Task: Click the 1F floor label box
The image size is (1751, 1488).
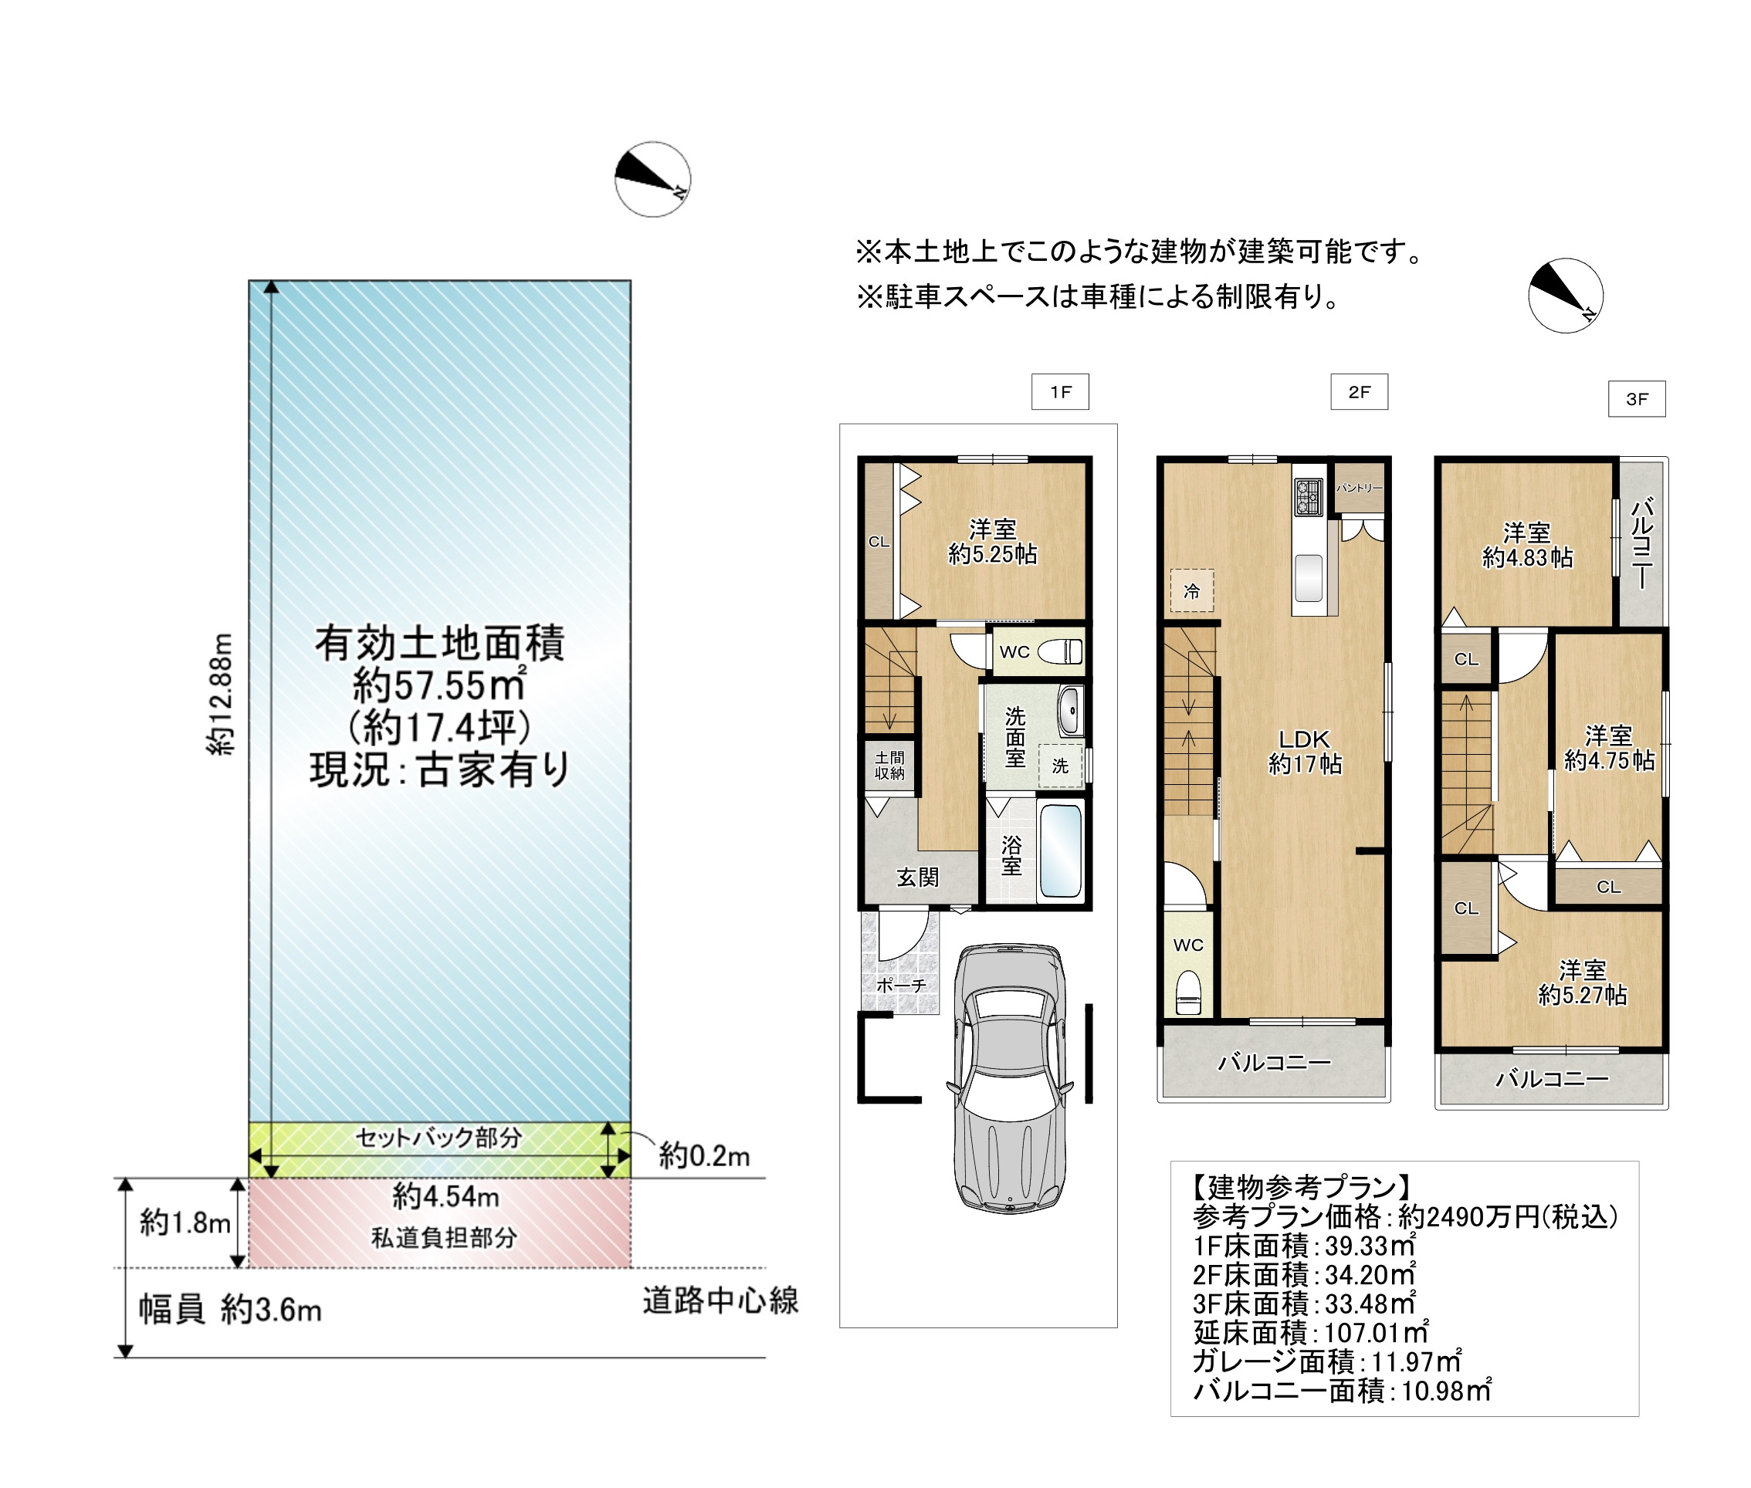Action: click(x=1060, y=391)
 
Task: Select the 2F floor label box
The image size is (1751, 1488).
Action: click(x=1359, y=391)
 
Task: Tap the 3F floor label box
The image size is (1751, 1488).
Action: click(x=1636, y=399)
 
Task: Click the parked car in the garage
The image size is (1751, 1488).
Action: click(x=1009, y=1078)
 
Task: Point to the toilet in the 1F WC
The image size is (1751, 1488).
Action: click(x=1060, y=651)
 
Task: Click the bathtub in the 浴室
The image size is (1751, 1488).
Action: click(x=1060, y=851)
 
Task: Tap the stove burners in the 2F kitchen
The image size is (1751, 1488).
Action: click(x=1308, y=497)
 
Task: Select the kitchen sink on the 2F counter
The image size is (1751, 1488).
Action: click(x=1308, y=577)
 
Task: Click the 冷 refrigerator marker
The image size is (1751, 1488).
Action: click(x=1191, y=590)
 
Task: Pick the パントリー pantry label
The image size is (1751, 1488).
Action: click(x=1359, y=488)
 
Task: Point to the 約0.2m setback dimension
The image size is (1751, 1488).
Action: click(x=704, y=1155)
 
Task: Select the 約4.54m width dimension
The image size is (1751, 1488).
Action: click(x=445, y=1196)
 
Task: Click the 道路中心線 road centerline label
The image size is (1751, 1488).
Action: click(x=720, y=1300)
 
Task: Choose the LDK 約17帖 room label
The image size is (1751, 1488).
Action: click(x=1305, y=752)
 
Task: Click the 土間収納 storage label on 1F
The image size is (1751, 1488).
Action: click(x=889, y=765)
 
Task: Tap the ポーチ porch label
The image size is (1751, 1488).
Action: click(x=901, y=984)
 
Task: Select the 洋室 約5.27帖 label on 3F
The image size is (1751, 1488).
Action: click(x=1582, y=982)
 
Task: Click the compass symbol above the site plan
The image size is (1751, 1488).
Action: click(x=652, y=179)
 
